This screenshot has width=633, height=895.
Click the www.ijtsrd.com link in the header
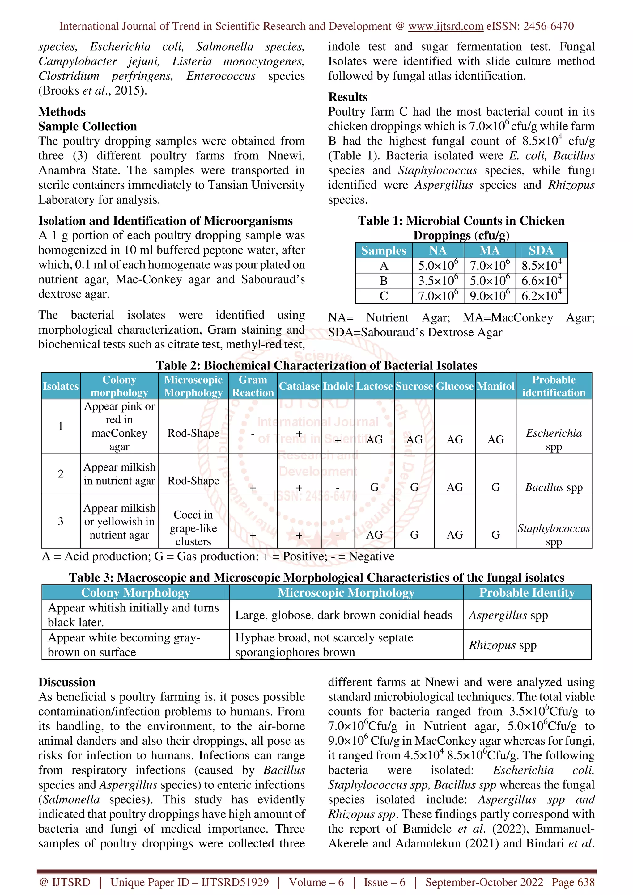445,26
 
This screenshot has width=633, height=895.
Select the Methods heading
62,111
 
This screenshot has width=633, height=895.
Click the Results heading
347,97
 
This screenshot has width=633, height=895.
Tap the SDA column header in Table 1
541,250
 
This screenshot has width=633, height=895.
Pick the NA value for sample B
438,281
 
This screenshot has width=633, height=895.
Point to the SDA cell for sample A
541,266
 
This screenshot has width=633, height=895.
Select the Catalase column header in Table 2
299,386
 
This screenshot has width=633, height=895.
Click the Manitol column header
495,386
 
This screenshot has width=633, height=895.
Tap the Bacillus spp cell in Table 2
554,487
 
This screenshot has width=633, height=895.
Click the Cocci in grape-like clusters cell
193,528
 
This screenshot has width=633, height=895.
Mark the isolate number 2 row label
61,474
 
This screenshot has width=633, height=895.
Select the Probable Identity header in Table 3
527,593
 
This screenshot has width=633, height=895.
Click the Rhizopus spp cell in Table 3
502,645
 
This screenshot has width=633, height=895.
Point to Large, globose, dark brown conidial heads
343,615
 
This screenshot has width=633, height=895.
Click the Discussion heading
67,682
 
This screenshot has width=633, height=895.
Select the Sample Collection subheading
87,126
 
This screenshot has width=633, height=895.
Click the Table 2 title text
316,365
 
